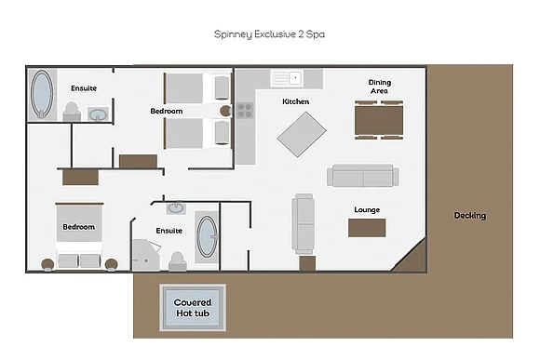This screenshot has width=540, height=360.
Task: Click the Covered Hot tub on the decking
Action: pyautogui.click(x=193, y=308)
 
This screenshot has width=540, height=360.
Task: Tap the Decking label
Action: pyautogui.click(x=470, y=216)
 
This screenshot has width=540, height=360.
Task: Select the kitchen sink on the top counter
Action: pyautogui.click(x=287, y=78)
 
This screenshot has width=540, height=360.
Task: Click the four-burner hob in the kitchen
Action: pyautogui.click(x=245, y=111)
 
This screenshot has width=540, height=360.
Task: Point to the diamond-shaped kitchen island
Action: pyautogui.click(x=302, y=134)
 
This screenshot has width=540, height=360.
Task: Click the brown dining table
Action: pyautogui.click(x=379, y=120)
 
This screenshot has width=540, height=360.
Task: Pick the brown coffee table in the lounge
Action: pyautogui.click(x=367, y=228)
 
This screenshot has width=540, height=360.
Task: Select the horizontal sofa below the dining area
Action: pyautogui.click(x=363, y=176)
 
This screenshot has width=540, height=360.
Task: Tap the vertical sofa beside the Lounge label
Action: pyautogui.click(x=304, y=224)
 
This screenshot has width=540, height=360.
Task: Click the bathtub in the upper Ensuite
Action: pyautogui.click(x=42, y=94)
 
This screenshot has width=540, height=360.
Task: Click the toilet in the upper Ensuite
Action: pyautogui.click(x=72, y=112)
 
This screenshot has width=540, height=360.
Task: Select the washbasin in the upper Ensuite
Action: pyautogui.click(x=98, y=114)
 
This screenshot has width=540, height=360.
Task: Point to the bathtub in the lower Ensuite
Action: pyautogui.click(x=207, y=237)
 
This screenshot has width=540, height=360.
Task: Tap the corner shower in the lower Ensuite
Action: pyautogui.click(x=146, y=255)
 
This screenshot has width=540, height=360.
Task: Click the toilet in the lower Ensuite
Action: pyautogui.click(x=178, y=261)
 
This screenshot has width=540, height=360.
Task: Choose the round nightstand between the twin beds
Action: pyautogui.click(x=225, y=111)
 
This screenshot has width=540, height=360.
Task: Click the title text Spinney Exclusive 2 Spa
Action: pyautogui.click(x=269, y=34)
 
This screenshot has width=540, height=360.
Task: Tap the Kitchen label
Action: pyautogui.click(x=296, y=101)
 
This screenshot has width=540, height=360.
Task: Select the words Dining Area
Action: pyautogui.click(x=380, y=87)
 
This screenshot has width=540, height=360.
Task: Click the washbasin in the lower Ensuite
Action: pyautogui.click(x=176, y=208)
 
